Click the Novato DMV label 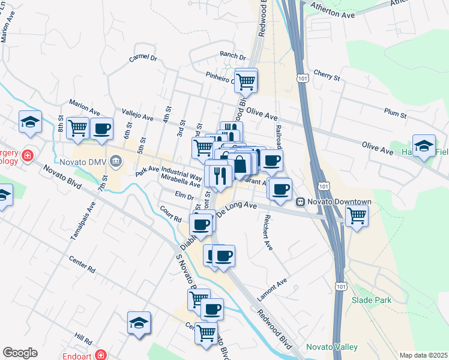(x=82, y=161)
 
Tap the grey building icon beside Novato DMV (x=116, y=160)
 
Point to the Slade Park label (x=371, y=300)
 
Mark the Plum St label (x=395, y=112)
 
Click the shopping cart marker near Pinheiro (x=246, y=80)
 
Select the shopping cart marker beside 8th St (x=77, y=128)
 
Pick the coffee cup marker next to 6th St (x=101, y=128)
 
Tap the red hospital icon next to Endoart (x=100, y=355)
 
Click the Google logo (x=20, y=353)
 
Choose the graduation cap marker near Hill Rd (x=139, y=322)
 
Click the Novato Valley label (x=332, y=347)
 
